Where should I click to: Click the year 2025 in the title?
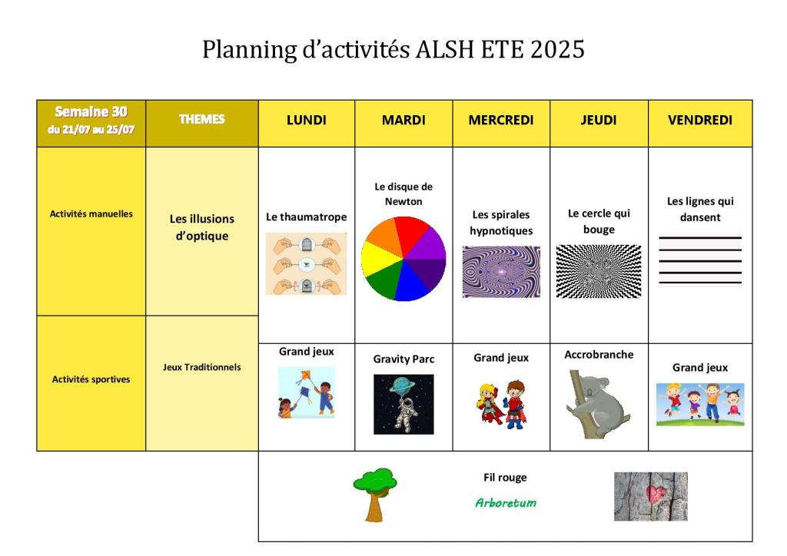pyautogui.click(x=557, y=49)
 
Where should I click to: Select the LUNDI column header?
pyautogui.click(x=306, y=121)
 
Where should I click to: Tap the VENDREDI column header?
pyautogui.click(x=699, y=121)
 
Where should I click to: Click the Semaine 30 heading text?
pyautogui.click(x=91, y=111)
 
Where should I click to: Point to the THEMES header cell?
pyautogui.click(x=202, y=124)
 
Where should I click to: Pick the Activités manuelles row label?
pyautogui.click(x=91, y=213)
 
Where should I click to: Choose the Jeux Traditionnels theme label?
pyautogui.click(x=202, y=367)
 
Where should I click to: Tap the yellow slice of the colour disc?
pyautogui.click(x=380, y=259)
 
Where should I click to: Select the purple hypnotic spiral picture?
pyautogui.click(x=501, y=272)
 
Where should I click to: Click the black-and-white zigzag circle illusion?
pyautogui.click(x=598, y=271)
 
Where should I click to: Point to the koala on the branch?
pyautogui.click(x=597, y=405)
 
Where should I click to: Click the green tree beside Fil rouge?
pyautogui.click(x=375, y=495)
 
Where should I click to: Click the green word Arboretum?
pyautogui.click(x=506, y=502)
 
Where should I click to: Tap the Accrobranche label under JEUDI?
pyautogui.click(x=599, y=355)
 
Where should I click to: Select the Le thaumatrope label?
pyautogui.click(x=306, y=217)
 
